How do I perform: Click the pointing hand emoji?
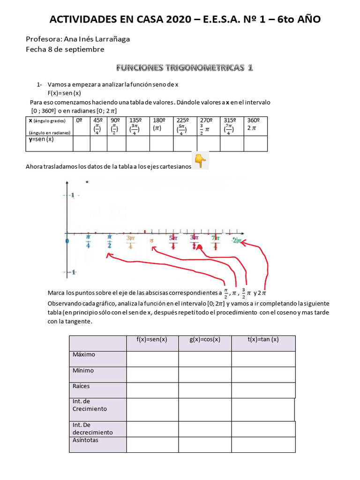click(200, 161)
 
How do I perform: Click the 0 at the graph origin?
click(67, 240)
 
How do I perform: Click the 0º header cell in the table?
click(82, 120)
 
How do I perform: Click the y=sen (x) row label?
click(41, 139)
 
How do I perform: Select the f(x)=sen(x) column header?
click(152, 340)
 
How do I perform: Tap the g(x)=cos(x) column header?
click(205, 340)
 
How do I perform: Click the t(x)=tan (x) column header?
click(263, 340)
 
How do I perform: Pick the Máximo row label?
click(84, 354)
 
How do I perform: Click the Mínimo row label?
click(83, 370)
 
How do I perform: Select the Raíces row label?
click(81, 386)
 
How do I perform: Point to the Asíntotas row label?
click(85, 440)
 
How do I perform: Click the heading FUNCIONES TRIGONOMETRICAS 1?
click(185, 68)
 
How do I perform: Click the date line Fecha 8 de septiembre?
click(65, 49)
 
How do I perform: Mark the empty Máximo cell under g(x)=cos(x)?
click(205, 359)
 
